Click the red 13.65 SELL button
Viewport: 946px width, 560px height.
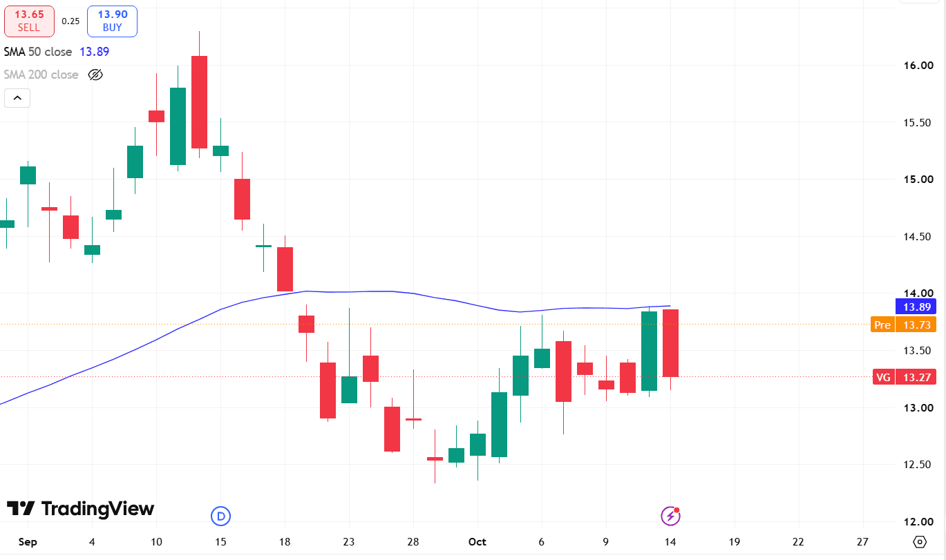29,21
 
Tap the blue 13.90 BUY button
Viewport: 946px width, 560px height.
113,21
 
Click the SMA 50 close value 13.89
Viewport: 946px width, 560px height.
94,52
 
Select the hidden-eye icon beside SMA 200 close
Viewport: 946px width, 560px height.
95,75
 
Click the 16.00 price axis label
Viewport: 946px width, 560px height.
918,66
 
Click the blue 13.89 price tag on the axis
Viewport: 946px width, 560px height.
916,307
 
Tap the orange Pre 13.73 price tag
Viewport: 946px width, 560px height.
904,325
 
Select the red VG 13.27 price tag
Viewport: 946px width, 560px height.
905,377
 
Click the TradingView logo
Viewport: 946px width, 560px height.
80,508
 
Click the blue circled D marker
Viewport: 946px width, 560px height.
220,516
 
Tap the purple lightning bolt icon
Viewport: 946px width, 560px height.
671,516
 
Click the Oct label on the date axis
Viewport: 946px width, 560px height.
477,542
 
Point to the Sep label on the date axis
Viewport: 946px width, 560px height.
28,542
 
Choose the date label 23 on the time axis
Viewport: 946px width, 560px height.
349,542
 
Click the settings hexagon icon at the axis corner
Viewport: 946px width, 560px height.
920,542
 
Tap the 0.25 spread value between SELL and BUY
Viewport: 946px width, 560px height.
70,21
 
